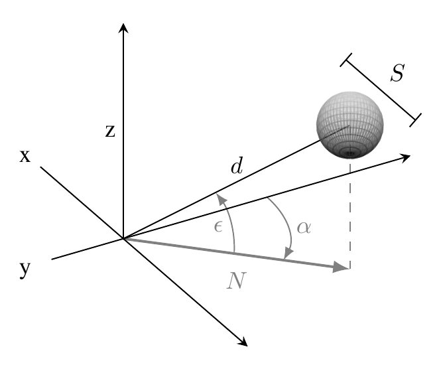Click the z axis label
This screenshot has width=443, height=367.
point(110,131)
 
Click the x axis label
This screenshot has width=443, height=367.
point(25,156)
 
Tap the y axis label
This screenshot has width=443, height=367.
point(25,269)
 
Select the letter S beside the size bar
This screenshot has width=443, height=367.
point(398,72)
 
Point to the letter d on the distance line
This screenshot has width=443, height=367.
point(237,166)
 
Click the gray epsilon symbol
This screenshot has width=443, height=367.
point(218,226)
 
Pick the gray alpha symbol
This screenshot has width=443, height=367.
point(304,228)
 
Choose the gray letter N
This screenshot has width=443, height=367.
point(237,280)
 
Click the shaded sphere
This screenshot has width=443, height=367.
point(350,125)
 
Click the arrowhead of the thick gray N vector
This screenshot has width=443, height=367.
point(341,267)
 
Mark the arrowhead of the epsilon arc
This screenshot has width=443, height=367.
point(221,199)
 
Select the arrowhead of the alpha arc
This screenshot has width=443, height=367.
point(288,254)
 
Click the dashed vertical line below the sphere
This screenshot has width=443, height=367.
point(350,215)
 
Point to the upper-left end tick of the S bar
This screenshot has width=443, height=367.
point(346,60)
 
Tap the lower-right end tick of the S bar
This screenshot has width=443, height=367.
point(416,120)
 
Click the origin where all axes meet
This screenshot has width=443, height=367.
point(123,239)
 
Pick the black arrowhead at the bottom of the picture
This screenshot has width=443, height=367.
point(243,341)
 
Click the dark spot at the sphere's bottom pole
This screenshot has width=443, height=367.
point(350,153)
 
